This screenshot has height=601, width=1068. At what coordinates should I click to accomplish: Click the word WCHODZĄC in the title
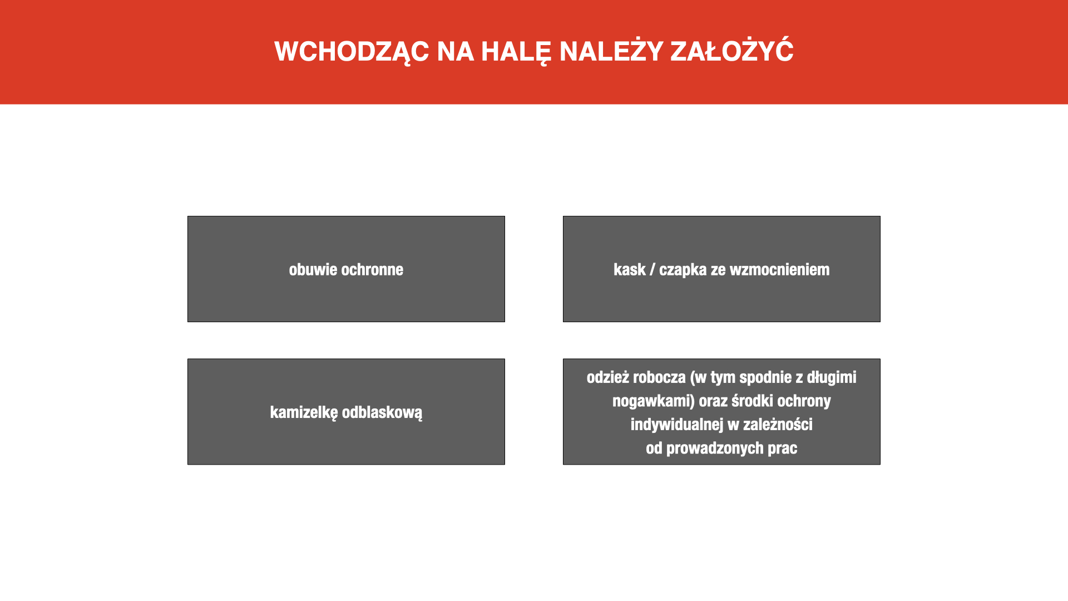pyautogui.click(x=352, y=52)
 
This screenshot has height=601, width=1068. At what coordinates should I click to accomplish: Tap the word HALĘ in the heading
pyautogui.click(x=516, y=52)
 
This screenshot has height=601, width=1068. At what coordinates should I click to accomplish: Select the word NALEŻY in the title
pyautogui.click(x=611, y=51)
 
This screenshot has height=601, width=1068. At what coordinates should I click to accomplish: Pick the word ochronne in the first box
pyautogui.click(x=373, y=269)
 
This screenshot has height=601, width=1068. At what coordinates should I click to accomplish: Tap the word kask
pyautogui.click(x=630, y=269)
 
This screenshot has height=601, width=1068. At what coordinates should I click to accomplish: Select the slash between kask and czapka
pyautogui.click(x=652, y=270)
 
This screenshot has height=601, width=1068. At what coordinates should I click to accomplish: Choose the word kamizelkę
pyautogui.click(x=304, y=413)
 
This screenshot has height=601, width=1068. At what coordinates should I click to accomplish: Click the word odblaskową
pyautogui.click(x=382, y=412)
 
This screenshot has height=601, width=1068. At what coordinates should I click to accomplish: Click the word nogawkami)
pyautogui.click(x=654, y=401)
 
